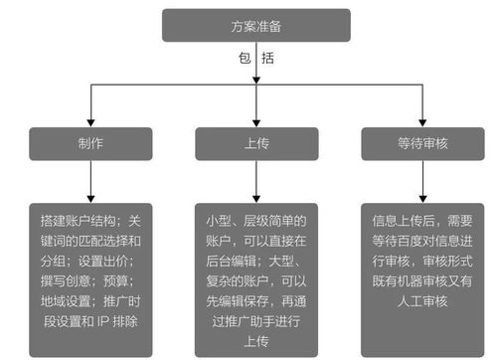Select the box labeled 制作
(x=91, y=143)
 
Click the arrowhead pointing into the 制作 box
(x=91, y=120)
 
